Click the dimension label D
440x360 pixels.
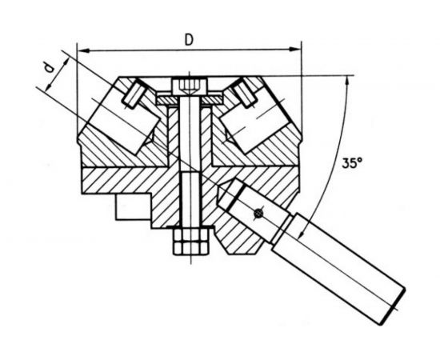click(x=189, y=40)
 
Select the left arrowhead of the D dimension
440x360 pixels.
click(x=82, y=50)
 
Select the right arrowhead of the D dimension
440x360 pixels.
click(x=295, y=50)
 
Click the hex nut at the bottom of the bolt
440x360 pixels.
click(x=190, y=242)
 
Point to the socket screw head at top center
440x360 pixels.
click(x=190, y=86)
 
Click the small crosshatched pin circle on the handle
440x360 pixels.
click(x=258, y=214)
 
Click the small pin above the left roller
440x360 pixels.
click(x=134, y=93)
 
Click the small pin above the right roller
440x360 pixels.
click(x=246, y=93)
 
